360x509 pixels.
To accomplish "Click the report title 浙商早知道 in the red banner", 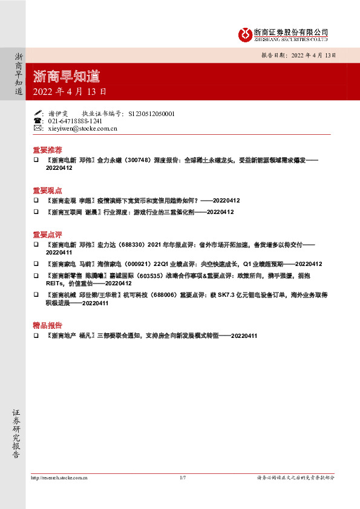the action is pos(67,77).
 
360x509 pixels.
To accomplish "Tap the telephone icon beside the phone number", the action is pos(38,121).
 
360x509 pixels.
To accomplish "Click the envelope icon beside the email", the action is pos(38,129).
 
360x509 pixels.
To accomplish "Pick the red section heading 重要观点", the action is pos(47,189).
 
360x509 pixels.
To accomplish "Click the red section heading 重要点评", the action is pos(47,234).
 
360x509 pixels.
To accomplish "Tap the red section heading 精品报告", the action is pos(47,324).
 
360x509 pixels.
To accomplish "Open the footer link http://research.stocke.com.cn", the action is pos(59,478).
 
